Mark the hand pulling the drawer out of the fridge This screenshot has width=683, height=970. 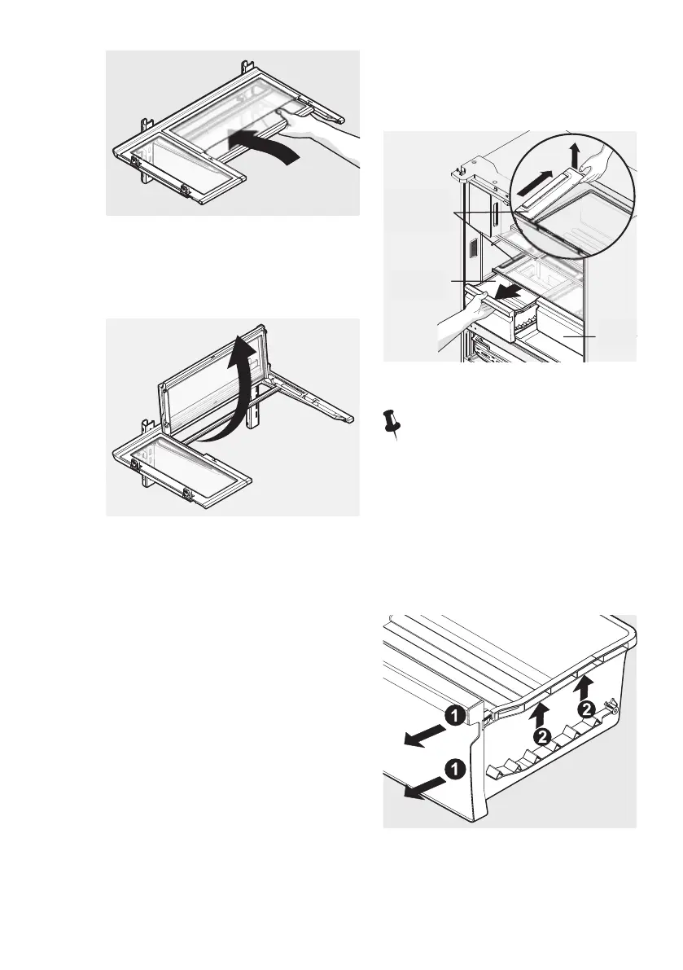pyautogui.click(x=456, y=319)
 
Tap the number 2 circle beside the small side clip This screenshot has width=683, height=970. pyautogui.click(x=587, y=709)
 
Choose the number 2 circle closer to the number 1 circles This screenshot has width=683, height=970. pyautogui.click(x=542, y=735)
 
